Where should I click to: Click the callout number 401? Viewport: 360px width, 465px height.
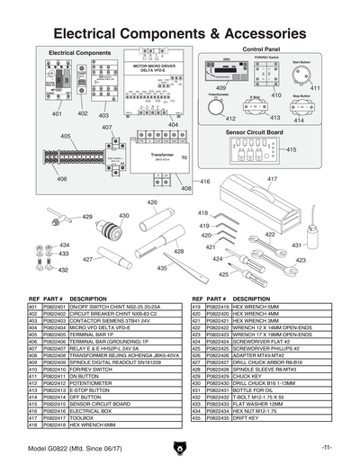(x=57, y=114)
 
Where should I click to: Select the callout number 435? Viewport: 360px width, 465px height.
(x=162, y=268)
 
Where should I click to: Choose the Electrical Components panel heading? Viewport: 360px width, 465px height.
(x=79, y=53)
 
